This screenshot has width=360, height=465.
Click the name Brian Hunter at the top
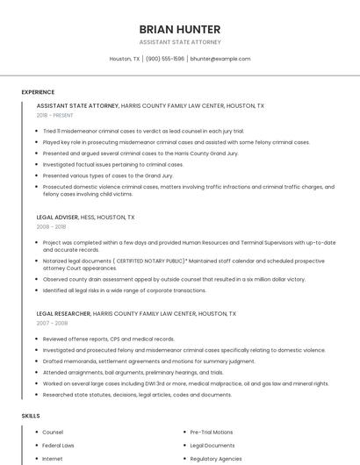pyautogui.click(x=179, y=29)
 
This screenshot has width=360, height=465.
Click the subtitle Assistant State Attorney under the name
pyautogui.click(x=179, y=42)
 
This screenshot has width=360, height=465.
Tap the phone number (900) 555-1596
pyautogui.click(x=165, y=59)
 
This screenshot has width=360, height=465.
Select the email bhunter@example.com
pyautogui.click(x=220, y=59)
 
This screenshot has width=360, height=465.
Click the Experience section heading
pyautogui.click(x=38, y=92)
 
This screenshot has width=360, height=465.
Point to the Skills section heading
pyautogui.click(x=30, y=415)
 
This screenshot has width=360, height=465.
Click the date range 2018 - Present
pyautogui.click(x=56, y=115)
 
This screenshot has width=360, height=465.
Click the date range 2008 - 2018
pyautogui.click(x=51, y=226)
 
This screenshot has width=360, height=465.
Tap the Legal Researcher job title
pyautogui.click(x=63, y=313)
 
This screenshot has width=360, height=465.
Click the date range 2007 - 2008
pyautogui.click(x=51, y=323)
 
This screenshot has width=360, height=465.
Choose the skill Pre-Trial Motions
pyautogui.click(x=212, y=433)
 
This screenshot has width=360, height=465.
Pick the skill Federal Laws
pyautogui.click(x=58, y=446)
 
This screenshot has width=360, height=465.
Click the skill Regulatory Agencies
pyautogui.click(x=216, y=459)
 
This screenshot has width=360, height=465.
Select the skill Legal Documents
pyautogui.click(x=212, y=446)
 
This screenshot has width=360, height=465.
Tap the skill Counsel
pyautogui.click(x=53, y=433)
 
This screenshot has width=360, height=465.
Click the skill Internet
pyautogui.click(x=53, y=459)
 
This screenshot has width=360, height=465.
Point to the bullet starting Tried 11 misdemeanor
pyautogui.click(x=143, y=131)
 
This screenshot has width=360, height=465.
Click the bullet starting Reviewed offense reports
pyautogui.click(x=108, y=339)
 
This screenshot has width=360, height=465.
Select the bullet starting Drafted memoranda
pyautogui.click(x=148, y=361)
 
